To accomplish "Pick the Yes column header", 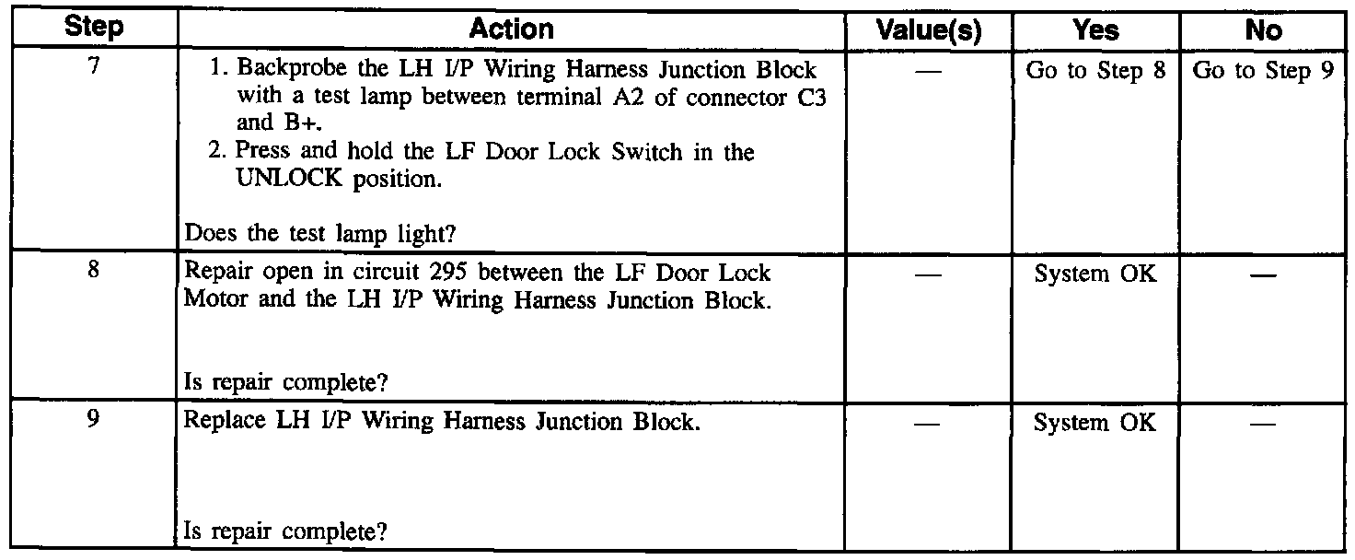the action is tap(1095, 29).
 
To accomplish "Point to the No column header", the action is tap(1262, 29).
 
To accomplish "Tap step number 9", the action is tap(95, 420).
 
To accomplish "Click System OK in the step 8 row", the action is tap(1095, 275).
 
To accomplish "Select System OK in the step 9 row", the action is tap(1095, 423).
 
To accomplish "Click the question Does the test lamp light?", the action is tap(320, 234).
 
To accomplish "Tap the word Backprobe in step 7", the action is tap(282, 73).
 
